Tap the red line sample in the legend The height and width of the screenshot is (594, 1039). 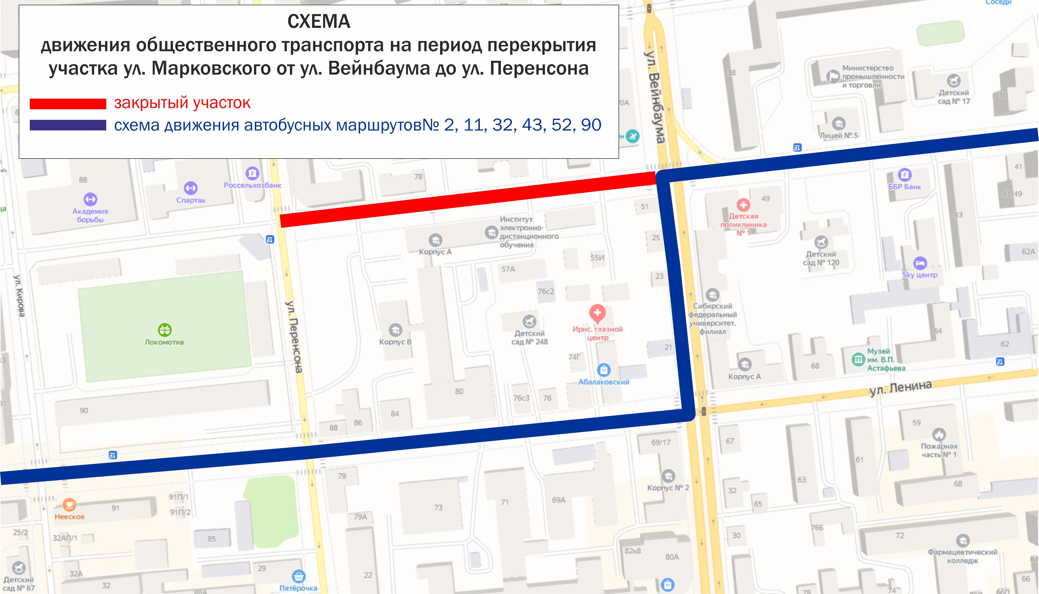pos(68,104)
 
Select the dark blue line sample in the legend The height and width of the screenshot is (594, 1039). pos(68,125)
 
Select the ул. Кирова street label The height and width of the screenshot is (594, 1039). pos(19,296)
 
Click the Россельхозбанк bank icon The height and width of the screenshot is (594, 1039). pos(252,173)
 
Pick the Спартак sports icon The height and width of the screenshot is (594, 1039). pos(190,188)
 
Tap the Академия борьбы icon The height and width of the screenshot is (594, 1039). pos(90,199)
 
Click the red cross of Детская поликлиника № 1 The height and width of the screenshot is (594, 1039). pos(743,205)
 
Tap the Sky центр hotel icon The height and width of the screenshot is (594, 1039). pos(920,263)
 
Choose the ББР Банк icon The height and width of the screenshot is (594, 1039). pos(905,175)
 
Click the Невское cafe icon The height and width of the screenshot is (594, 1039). pos(69,505)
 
